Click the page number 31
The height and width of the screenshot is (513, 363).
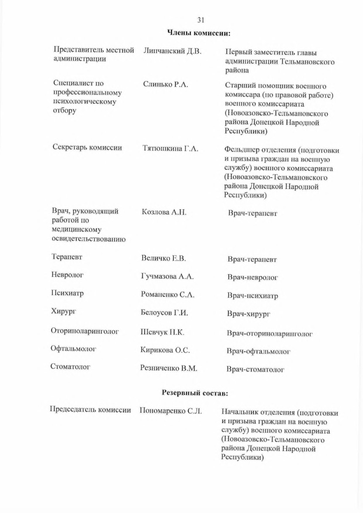(201, 20)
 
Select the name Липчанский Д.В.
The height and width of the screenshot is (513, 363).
(172, 51)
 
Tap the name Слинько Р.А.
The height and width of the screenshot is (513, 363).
(166, 85)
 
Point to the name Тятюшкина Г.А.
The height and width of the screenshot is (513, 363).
(170, 149)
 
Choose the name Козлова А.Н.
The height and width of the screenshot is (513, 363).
(164, 212)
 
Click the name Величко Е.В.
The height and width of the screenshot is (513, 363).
(164, 258)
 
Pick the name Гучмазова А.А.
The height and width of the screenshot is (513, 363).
(167, 276)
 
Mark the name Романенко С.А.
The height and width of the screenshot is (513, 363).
(167, 295)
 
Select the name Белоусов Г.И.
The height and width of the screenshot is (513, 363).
(164, 313)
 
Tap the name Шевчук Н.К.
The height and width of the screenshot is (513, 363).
(162, 332)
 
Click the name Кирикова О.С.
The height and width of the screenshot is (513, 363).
(165, 350)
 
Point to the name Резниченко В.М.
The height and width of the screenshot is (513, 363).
(169, 368)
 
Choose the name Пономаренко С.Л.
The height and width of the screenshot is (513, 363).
(171, 411)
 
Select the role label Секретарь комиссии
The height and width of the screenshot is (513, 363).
(87, 147)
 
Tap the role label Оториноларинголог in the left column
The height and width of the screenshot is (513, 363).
(85, 331)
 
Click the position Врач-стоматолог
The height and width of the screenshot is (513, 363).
(255, 369)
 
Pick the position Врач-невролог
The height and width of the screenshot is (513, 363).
(253, 277)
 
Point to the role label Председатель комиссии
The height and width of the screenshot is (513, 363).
(90, 410)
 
